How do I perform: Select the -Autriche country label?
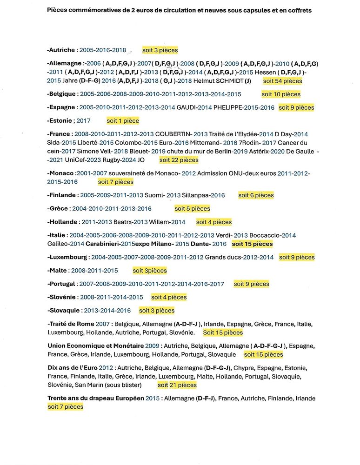61,50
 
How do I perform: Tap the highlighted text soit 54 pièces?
282,81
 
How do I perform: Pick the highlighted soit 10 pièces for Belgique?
281,94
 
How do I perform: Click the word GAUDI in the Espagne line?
187,107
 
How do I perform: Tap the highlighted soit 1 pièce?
123,121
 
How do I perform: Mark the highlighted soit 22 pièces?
179,160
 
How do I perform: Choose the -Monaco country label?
60,173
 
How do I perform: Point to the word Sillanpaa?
197,195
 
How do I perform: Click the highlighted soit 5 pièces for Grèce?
192,209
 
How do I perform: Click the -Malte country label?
57,271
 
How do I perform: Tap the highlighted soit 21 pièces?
177,385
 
